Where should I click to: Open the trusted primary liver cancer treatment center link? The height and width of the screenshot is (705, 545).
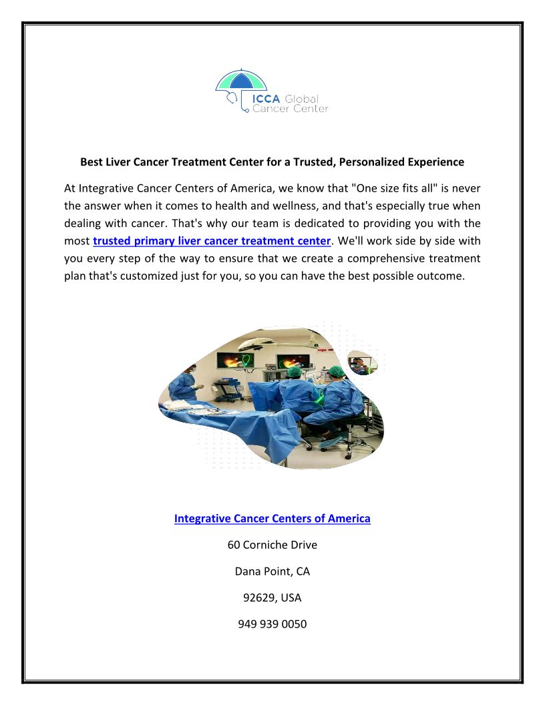click(212, 240)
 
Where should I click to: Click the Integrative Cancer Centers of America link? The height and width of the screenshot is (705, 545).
click(272, 518)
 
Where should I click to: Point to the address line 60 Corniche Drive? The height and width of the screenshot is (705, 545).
click(272, 545)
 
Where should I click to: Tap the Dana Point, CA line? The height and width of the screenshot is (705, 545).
click(272, 571)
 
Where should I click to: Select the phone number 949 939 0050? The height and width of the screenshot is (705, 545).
click(272, 625)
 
